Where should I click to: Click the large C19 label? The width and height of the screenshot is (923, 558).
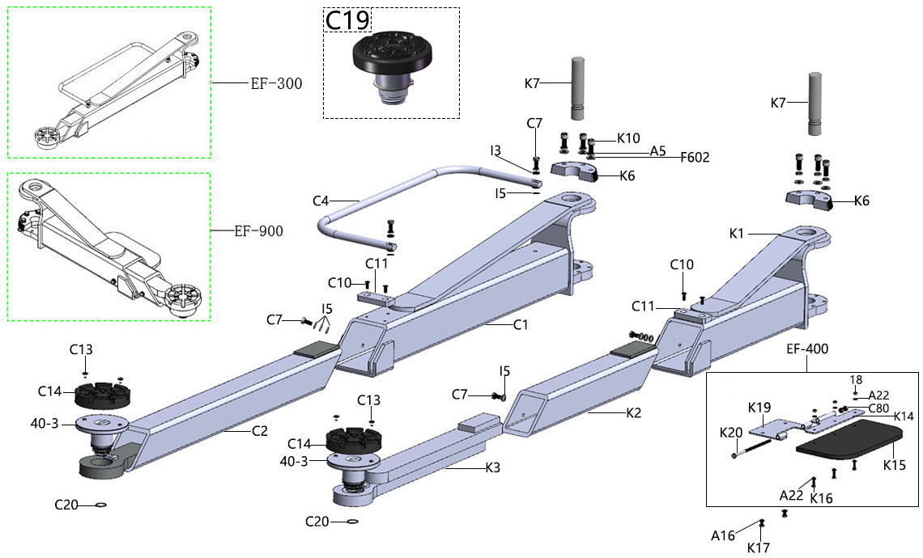(x=347, y=21)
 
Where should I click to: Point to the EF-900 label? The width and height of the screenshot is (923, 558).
(x=258, y=231)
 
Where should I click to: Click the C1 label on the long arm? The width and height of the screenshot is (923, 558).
(x=521, y=325)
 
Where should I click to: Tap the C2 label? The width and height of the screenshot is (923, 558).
(x=259, y=431)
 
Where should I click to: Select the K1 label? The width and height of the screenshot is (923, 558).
(x=736, y=233)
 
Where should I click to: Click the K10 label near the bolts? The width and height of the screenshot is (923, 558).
(x=628, y=137)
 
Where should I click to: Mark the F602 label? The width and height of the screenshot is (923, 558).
(x=694, y=158)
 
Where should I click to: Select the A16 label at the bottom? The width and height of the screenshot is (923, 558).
(x=722, y=535)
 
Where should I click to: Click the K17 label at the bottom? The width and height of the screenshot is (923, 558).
(x=759, y=547)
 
